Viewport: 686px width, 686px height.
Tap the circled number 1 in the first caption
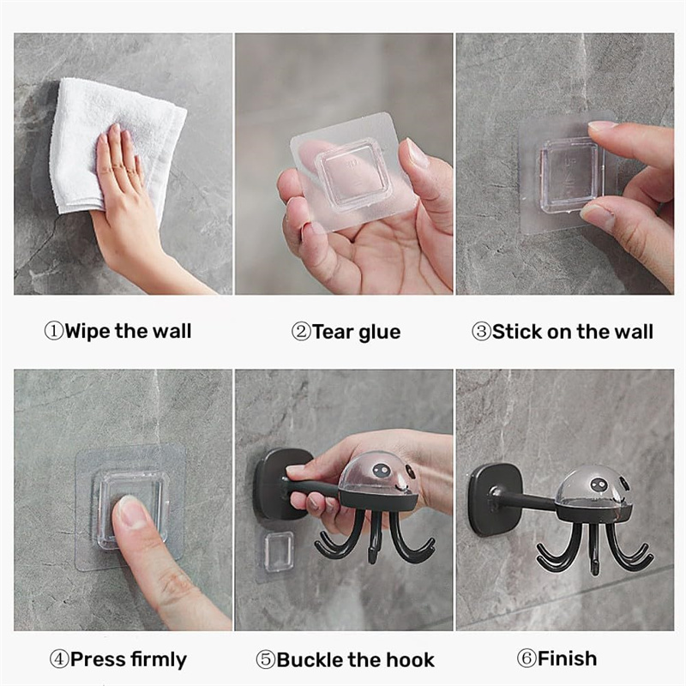(54, 331)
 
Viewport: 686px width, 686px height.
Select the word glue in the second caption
(379, 333)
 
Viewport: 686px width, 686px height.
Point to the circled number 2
(301, 332)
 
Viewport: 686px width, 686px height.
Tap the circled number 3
(481, 332)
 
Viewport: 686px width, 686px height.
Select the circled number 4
(59, 659)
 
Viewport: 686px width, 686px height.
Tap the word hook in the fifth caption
(412, 659)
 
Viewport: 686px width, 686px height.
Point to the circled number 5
(266, 659)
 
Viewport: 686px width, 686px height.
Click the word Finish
(568, 659)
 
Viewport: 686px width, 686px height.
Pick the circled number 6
(527, 659)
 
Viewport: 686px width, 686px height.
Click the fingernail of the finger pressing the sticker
(130, 511)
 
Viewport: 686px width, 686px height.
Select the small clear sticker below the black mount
(278, 552)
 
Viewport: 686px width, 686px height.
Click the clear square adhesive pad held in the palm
(353, 173)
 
